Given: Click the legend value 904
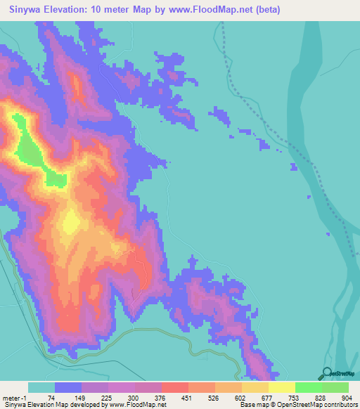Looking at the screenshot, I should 347,397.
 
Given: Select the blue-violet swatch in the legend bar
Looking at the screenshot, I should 68,387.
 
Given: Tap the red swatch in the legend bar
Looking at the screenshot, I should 174,387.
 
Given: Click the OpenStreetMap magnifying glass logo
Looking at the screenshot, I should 325,374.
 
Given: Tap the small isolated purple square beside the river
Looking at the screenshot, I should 294,166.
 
